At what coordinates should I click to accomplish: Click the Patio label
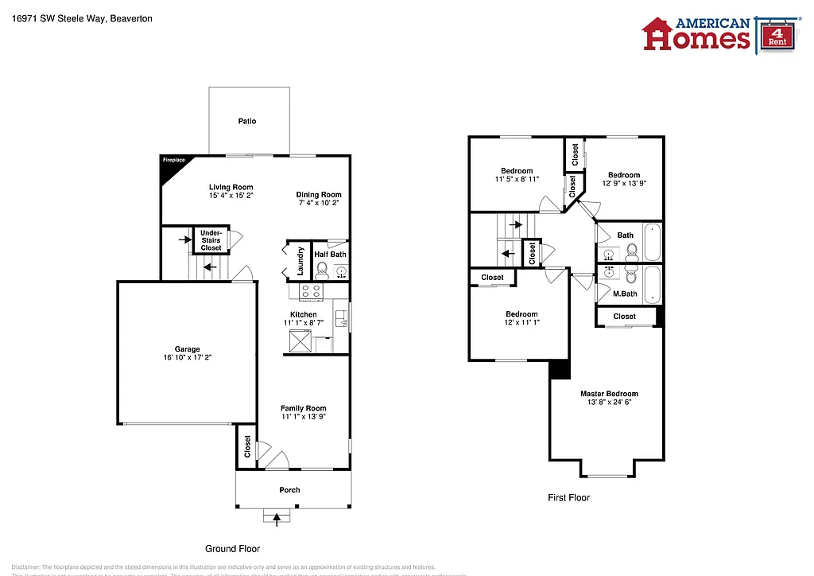pyautogui.click(x=247, y=121)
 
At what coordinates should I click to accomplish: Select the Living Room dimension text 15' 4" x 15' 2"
pyautogui.click(x=231, y=196)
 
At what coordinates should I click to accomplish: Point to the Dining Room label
pyautogui.click(x=319, y=195)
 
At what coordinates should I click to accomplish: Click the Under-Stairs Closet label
pyautogui.click(x=211, y=240)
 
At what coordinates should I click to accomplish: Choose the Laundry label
pyautogui.click(x=300, y=260)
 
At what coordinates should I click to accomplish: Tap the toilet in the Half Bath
pyautogui.click(x=322, y=269)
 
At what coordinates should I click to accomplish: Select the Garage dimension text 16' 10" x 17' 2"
pyautogui.click(x=188, y=358)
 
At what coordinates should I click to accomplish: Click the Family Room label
pyautogui.click(x=303, y=408)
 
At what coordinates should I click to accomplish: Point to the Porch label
pyautogui.click(x=289, y=490)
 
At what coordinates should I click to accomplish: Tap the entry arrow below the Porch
pyautogui.click(x=277, y=519)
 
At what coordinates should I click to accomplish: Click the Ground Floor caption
pyautogui.click(x=232, y=549)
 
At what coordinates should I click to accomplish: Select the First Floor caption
pyautogui.click(x=568, y=498)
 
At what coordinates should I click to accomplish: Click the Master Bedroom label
pyautogui.click(x=609, y=394)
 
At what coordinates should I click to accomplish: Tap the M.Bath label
pyautogui.click(x=625, y=294)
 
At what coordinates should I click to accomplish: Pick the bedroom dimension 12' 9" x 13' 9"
pyautogui.click(x=624, y=184)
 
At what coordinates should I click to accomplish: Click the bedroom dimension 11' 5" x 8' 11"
pyautogui.click(x=517, y=179)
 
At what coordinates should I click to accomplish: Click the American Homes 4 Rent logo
pyautogui.click(x=719, y=33)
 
